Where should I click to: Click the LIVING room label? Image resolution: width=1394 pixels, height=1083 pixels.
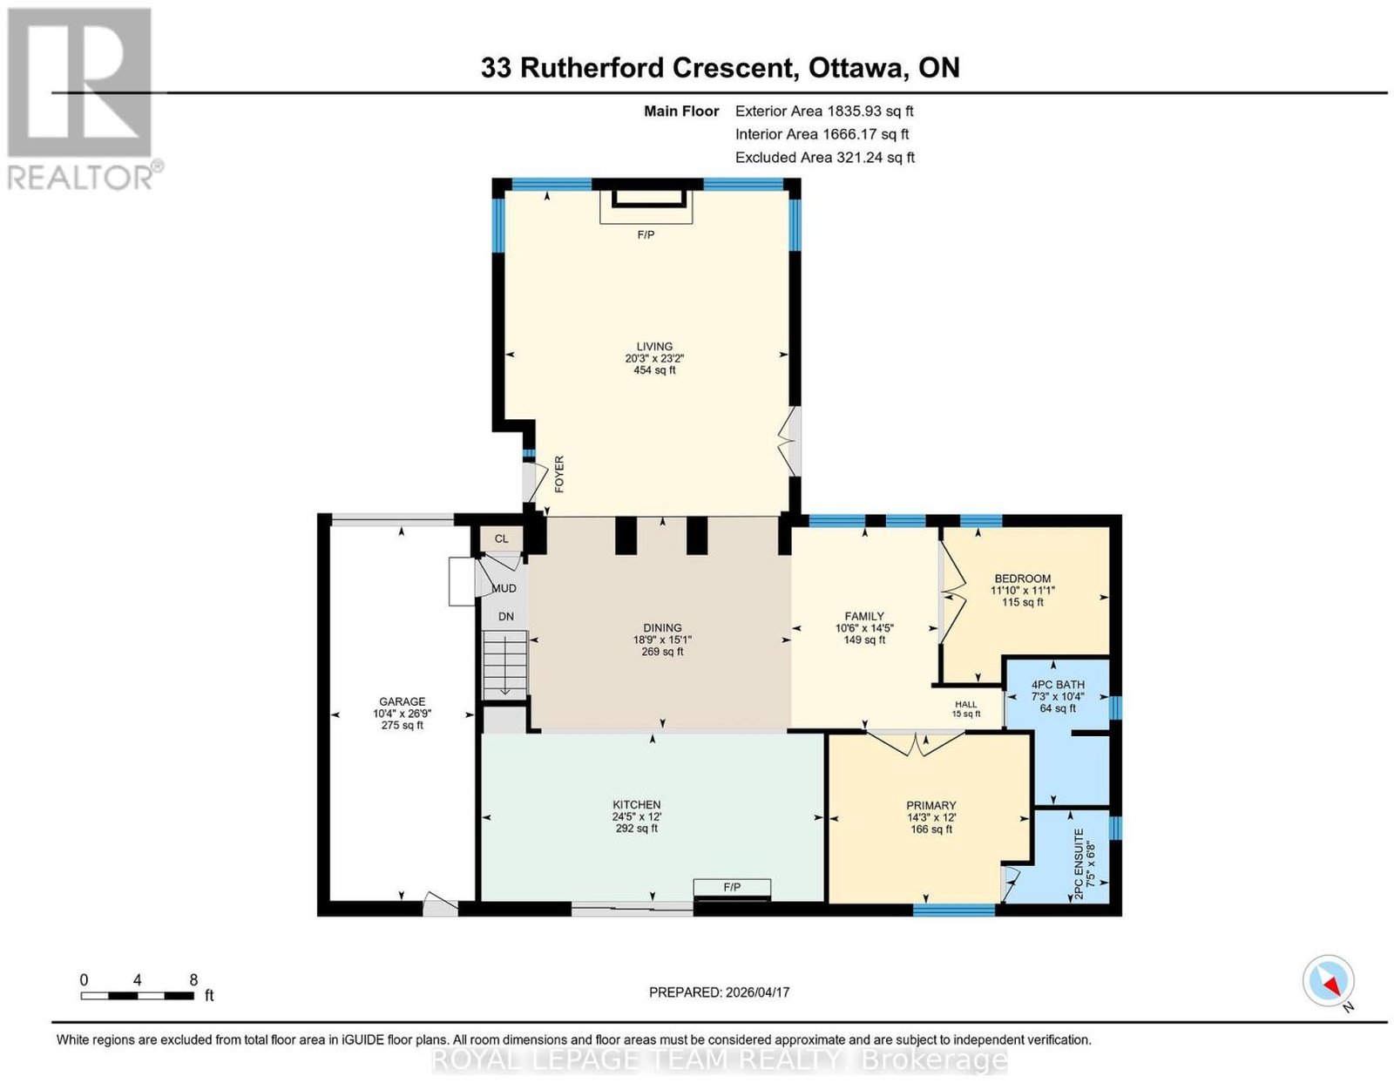pos(654,346)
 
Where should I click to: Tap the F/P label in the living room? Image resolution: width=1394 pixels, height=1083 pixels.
pos(646,234)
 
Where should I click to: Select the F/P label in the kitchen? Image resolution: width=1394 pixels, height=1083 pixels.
pos(732,887)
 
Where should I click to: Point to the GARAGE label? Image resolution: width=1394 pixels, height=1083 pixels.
pos(403,701)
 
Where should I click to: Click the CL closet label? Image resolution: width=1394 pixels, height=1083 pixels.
pos(502,538)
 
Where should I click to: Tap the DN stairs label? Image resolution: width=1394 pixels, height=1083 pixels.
pos(506,616)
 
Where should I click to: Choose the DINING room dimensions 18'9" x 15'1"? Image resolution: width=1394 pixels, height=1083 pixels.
pos(662,640)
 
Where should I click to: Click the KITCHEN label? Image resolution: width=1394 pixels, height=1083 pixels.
pos(636,805)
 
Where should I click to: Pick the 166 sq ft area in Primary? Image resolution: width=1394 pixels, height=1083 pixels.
pos(930,829)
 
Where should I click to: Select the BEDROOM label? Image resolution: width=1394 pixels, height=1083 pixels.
pos(1023,579)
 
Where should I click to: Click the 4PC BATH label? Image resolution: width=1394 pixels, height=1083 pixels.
pos(1058,685)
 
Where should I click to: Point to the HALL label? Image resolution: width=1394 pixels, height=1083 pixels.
pos(965,704)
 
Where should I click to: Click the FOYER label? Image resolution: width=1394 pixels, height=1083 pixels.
pos(559,474)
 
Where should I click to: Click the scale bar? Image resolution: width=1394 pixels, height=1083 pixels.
pos(138,996)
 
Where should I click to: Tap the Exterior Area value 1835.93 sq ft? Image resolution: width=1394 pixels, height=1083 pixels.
pos(870,111)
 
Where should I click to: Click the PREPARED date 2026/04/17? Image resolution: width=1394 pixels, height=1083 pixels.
pos(757,992)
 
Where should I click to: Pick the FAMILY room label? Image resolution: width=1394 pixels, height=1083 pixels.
pos(864,616)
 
